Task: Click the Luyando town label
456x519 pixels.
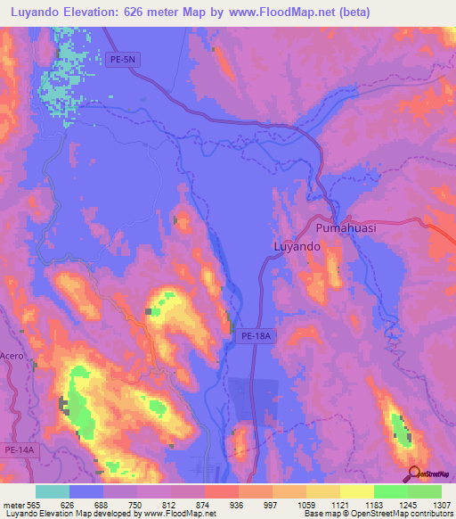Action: pos(296,246)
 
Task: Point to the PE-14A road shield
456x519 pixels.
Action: pos(20,451)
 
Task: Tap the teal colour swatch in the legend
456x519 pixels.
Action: pos(53,491)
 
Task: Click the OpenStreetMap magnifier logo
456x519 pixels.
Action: pos(413,474)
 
